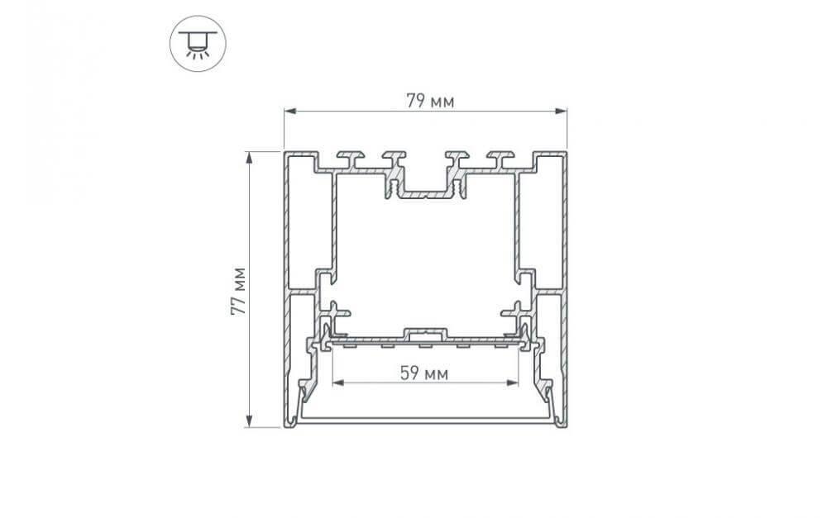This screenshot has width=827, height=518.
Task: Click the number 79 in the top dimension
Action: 416,102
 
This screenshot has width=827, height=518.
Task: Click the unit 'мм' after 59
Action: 437,373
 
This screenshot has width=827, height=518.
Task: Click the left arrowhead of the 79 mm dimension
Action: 289,111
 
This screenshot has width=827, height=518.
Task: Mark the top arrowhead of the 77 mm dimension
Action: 248,157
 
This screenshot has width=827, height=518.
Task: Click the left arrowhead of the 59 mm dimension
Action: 337,383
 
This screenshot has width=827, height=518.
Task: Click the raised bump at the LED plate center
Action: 425,333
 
